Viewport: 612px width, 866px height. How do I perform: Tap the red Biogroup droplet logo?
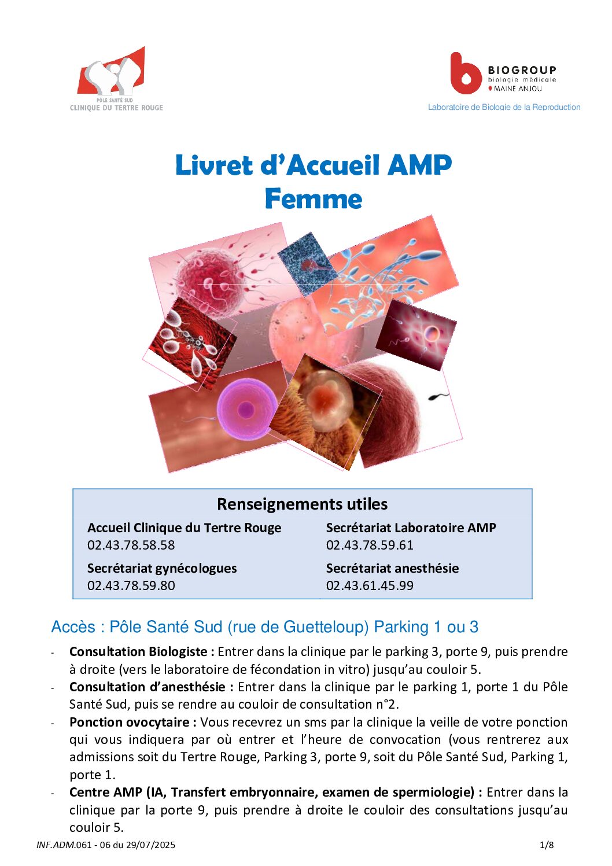pyautogui.click(x=465, y=75)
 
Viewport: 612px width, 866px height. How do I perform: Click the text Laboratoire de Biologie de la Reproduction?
pyautogui.click(x=504, y=107)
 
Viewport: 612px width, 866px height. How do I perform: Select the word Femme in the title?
pyautogui.click(x=314, y=199)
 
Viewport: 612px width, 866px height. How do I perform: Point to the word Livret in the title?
pyautogui.click(x=213, y=165)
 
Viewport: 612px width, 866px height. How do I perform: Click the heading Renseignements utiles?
pyautogui.click(x=302, y=504)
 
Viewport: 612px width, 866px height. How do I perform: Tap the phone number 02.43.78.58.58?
pyautogui.click(x=131, y=545)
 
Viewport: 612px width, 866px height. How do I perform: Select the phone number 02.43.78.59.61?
pyautogui.click(x=370, y=545)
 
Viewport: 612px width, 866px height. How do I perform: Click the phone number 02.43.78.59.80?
pyautogui.click(x=131, y=585)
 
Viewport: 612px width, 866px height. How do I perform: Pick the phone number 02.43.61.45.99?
pyautogui.click(x=370, y=585)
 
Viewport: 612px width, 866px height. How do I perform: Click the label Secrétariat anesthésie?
pyautogui.click(x=392, y=568)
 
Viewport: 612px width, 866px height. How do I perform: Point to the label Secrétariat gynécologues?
pyautogui.click(x=162, y=568)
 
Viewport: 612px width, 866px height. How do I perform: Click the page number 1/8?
pyautogui.click(x=547, y=845)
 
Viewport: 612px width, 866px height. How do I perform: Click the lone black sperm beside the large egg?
pyautogui.click(x=438, y=397)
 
